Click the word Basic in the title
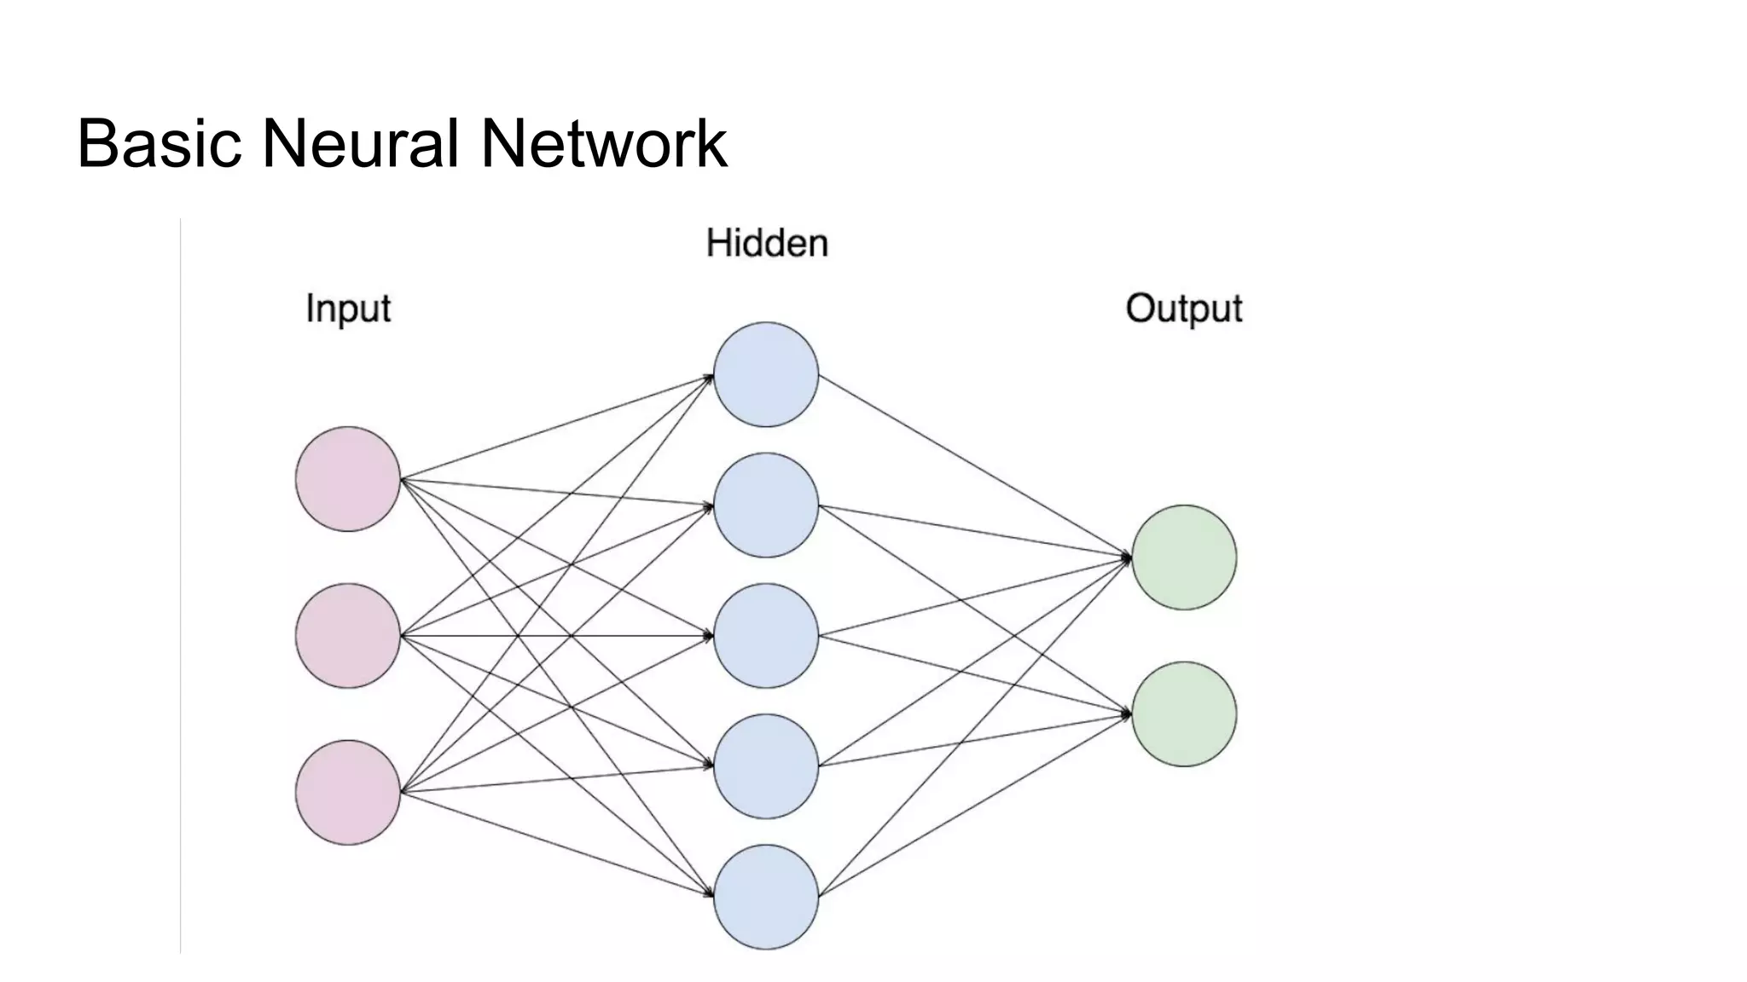click(160, 143)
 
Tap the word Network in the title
click(603, 143)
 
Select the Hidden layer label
click(767, 244)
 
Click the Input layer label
click(348, 309)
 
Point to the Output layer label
click(1183, 309)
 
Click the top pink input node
click(348, 479)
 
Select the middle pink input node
click(348, 636)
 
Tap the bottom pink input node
click(348, 793)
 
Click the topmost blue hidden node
click(766, 374)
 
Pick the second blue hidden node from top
click(766, 505)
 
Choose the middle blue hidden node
click(766, 636)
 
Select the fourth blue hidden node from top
click(766, 766)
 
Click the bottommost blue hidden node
click(766, 897)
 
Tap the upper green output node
click(1184, 557)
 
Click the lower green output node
click(1184, 714)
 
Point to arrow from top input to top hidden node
click(556, 427)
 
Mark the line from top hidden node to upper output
click(975, 466)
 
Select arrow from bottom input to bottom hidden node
click(556, 844)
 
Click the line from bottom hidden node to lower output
click(975, 806)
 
